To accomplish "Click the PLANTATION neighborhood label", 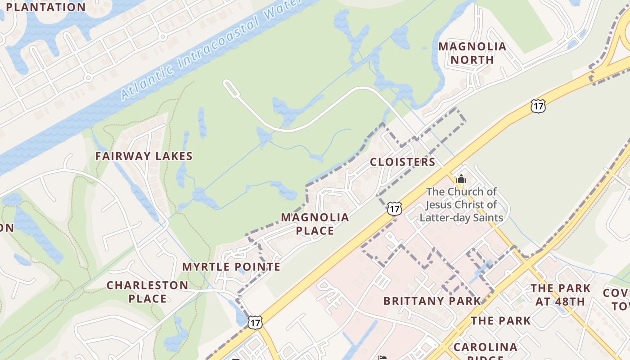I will (x=45, y=7).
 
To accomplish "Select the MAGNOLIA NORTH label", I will (x=472, y=53).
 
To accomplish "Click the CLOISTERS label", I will (x=402, y=162).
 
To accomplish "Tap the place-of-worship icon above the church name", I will (x=461, y=179).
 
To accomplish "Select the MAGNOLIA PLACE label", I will (x=315, y=224).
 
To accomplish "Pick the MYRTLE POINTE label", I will (x=231, y=267).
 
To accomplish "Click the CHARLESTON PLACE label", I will (x=147, y=292).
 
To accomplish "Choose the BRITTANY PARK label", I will (x=432, y=301).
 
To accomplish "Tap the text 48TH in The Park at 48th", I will (x=572, y=301).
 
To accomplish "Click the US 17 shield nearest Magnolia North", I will (x=538, y=106).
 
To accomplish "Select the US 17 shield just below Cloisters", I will (x=394, y=208).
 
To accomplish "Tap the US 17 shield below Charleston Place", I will (x=255, y=322).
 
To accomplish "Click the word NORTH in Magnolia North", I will (x=472, y=59).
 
